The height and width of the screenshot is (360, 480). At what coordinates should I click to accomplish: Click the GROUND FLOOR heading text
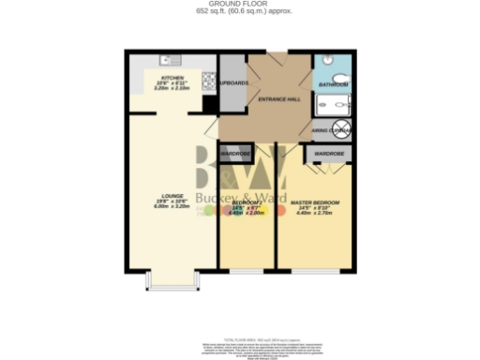(x=239, y=5)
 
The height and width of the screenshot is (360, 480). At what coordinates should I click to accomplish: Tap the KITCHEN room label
(x=172, y=77)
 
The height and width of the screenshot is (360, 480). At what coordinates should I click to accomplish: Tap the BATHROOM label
(x=334, y=85)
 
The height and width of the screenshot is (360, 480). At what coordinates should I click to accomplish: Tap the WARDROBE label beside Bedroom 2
(x=233, y=152)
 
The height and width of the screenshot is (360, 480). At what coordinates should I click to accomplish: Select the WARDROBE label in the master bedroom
(x=328, y=153)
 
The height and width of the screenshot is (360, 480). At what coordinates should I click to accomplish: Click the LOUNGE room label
(x=172, y=196)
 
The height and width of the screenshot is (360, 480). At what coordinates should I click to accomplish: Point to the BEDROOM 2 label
(x=247, y=203)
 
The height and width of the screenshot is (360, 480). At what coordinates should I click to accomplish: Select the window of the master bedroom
(x=316, y=273)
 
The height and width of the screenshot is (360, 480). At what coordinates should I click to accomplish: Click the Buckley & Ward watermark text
(x=242, y=202)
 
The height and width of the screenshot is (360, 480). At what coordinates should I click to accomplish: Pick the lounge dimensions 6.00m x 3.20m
(x=172, y=207)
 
